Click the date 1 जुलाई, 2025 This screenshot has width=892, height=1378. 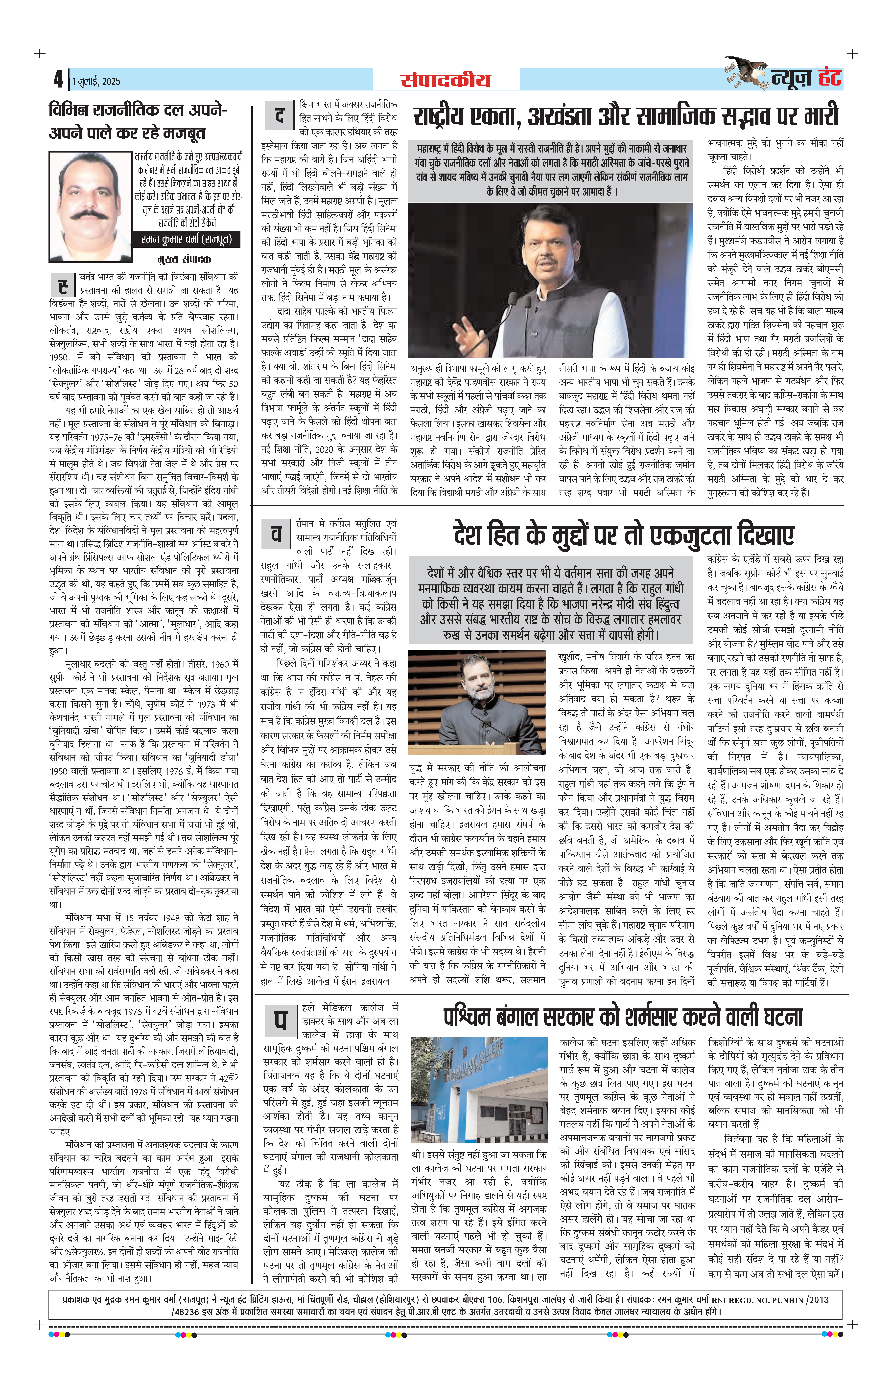click(96, 81)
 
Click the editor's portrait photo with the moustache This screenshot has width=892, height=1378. click(92, 206)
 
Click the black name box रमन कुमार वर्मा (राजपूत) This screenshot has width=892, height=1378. click(187, 239)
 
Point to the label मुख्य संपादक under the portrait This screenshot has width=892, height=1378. click(184, 259)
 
